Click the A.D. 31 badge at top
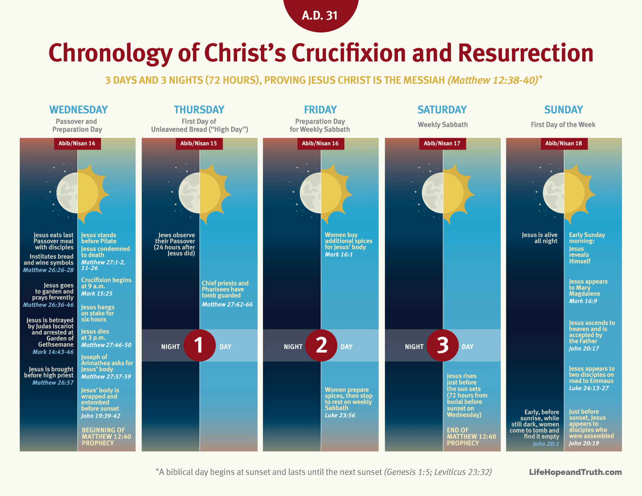click(320, 15)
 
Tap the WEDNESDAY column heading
click(78, 110)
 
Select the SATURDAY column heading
click(442, 110)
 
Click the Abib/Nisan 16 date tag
click(320, 143)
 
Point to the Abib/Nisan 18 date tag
click(563, 143)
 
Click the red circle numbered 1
click(199, 345)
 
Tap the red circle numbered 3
click(442, 345)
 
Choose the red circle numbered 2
click(321, 345)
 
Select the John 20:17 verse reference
click(584, 348)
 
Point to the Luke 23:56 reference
click(340, 415)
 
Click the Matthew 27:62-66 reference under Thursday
click(227, 305)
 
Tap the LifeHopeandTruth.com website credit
click(575, 472)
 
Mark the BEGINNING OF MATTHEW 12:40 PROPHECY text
click(106, 437)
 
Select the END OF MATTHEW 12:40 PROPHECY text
click(471, 437)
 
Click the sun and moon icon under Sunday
click(564, 193)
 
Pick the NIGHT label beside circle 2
click(293, 347)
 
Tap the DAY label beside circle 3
click(467, 347)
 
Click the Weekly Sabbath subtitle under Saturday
click(443, 125)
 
